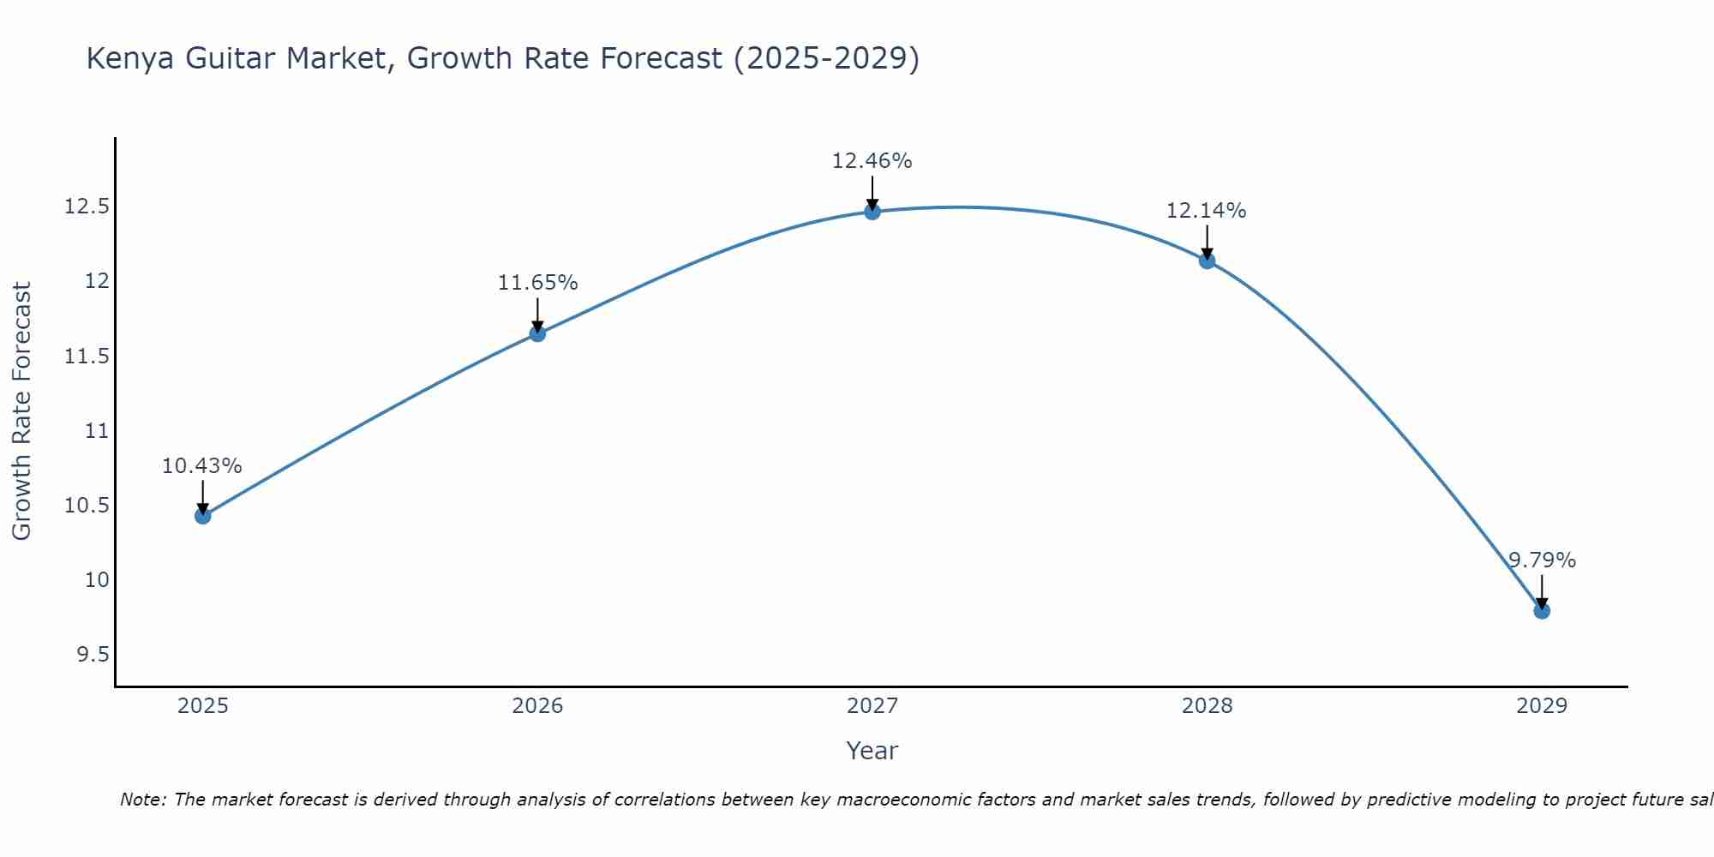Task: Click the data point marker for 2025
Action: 203,516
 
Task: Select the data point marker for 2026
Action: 537,333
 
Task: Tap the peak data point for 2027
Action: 872,212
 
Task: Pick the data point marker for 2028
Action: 1207,261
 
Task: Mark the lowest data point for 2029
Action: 1542,611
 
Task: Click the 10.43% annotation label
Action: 202,466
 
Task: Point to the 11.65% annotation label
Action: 537,283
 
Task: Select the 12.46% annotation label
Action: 872,161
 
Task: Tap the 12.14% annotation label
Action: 1207,211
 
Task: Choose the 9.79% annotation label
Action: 1542,560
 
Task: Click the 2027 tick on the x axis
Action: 872,706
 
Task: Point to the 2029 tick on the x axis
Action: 1542,706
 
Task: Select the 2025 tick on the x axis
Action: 203,706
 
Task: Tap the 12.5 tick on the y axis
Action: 87,207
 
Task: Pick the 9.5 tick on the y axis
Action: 93,655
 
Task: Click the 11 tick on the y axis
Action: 98,431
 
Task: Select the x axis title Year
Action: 872,751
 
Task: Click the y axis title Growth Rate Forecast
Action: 21,411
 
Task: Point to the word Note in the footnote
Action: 142,800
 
